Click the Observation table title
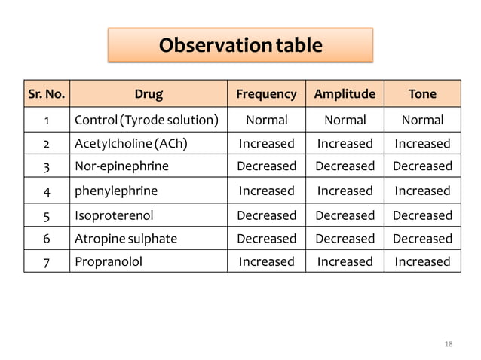coord(240,45)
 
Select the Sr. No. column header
coord(46,94)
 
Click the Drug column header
coord(149,94)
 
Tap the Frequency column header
coord(266,94)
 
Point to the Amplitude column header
coord(345,94)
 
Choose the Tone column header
coord(422,94)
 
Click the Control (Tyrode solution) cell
coord(147,120)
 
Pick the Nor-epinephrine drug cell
coord(121,166)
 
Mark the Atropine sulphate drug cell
coord(126,239)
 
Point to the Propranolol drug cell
coord(109,261)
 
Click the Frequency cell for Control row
coord(266,120)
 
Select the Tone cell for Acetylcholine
coord(422,143)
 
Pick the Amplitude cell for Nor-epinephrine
coord(345,166)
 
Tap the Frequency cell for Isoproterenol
coord(266,215)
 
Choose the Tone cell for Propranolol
coord(422,261)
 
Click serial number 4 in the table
coord(46,191)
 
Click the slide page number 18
coord(449,344)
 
